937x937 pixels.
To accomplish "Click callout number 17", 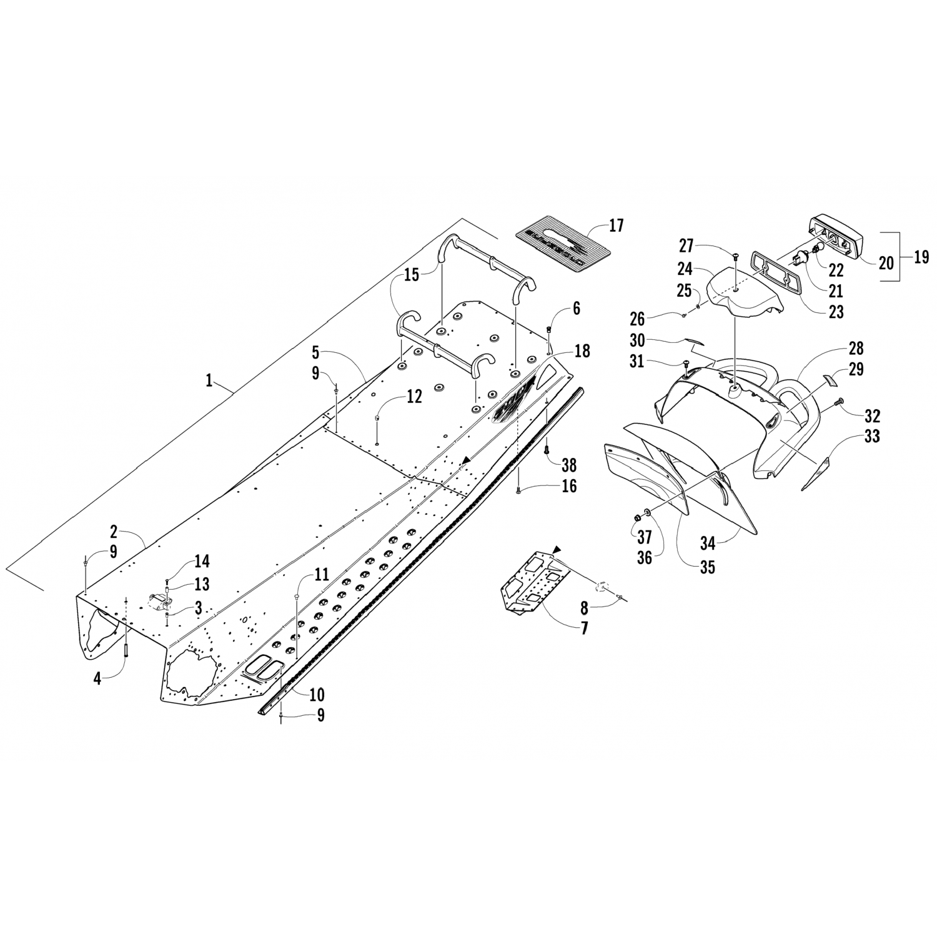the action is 616,226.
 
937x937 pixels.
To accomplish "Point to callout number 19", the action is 921,257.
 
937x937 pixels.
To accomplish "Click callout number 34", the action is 707,543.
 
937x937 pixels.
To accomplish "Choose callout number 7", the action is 584,628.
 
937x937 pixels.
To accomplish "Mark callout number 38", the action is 569,465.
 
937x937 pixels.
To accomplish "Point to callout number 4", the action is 97,677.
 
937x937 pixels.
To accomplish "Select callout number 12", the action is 414,395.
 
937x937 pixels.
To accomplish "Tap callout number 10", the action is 317,694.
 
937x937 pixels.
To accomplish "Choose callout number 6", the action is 576,307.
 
